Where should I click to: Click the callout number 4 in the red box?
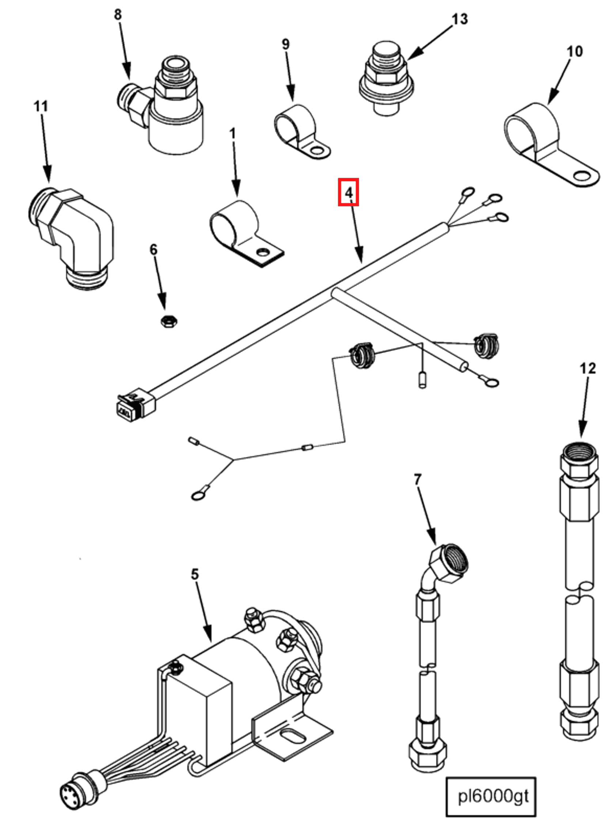click(x=348, y=192)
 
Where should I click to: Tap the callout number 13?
click(x=460, y=19)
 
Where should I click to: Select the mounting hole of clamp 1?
click(x=264, y=253)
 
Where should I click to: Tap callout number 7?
click(x=417, y=480)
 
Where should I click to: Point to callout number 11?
click(x=41, y=106)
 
